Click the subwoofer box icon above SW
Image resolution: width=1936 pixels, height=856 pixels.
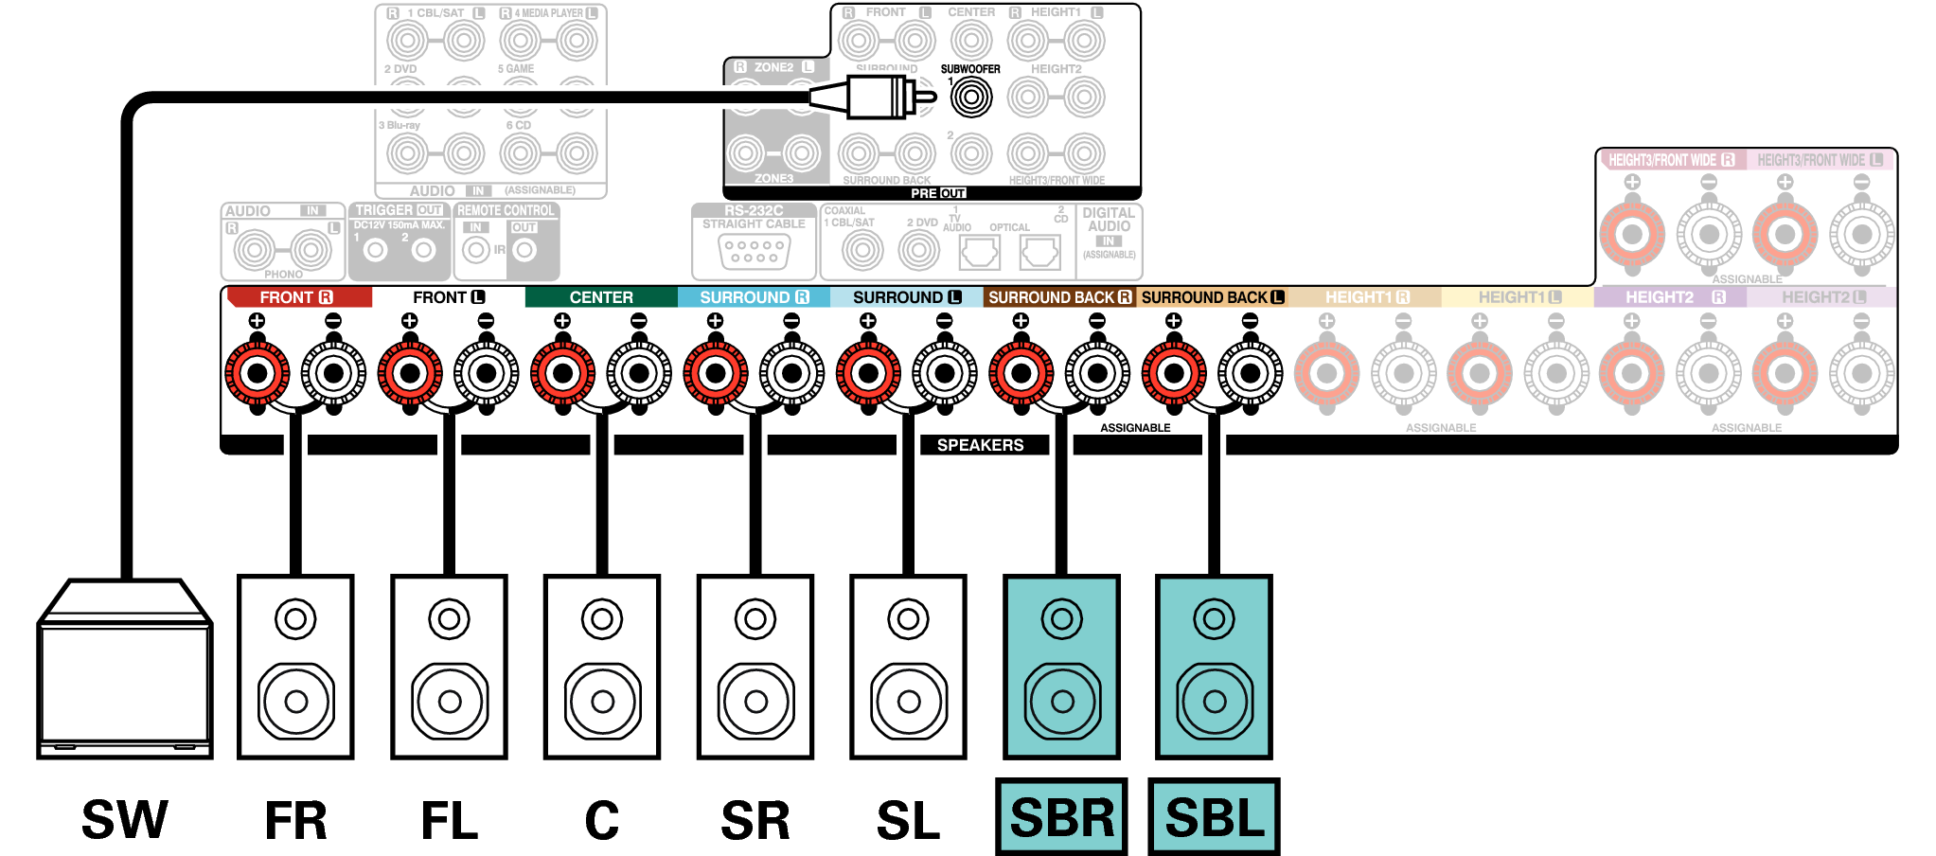pos(124,670)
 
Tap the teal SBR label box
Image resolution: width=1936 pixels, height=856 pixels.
pos(1061,817)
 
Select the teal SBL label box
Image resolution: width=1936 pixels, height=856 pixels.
pos(1214,817)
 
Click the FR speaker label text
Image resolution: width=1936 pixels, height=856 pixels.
pos(295,820)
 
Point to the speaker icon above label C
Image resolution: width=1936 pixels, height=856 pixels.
pos(602,667)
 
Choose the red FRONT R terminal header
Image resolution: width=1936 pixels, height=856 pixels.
pos(296,297)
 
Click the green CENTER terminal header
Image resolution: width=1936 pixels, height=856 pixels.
pos(601,297)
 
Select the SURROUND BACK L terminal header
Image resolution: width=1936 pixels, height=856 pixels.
pos(1212,297)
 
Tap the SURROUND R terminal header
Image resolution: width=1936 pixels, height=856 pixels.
pos(754,297)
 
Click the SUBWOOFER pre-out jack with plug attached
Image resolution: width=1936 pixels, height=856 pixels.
pos(971,97)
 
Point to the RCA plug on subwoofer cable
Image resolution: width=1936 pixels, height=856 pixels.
pos(876,97)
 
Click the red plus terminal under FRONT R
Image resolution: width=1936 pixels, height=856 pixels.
pos(258,373)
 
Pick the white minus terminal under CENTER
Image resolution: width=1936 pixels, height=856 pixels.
pos(639,373)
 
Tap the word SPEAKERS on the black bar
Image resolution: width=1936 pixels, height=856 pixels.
pos(980,445)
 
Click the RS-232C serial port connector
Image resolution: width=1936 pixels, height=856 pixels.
pos(754,252)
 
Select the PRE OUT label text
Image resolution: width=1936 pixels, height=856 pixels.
pos(937,193)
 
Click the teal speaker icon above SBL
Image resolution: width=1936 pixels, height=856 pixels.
pos(1214,667)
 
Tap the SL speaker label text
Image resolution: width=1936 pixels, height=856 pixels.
pos(908,820)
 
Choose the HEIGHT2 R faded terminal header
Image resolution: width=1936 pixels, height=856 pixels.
pos(1670,297)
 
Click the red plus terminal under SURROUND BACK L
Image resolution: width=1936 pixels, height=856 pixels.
pos(1174,373)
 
